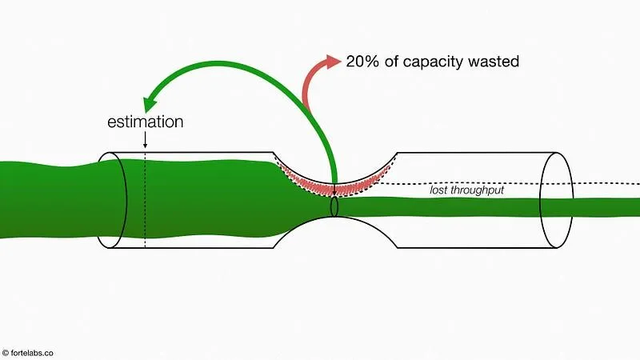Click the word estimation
pos(145,122)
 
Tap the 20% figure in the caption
pos(362,61)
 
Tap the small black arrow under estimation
pos(145,140)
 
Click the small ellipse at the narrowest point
pos(334,206)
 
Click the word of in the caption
pos(390,61)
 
